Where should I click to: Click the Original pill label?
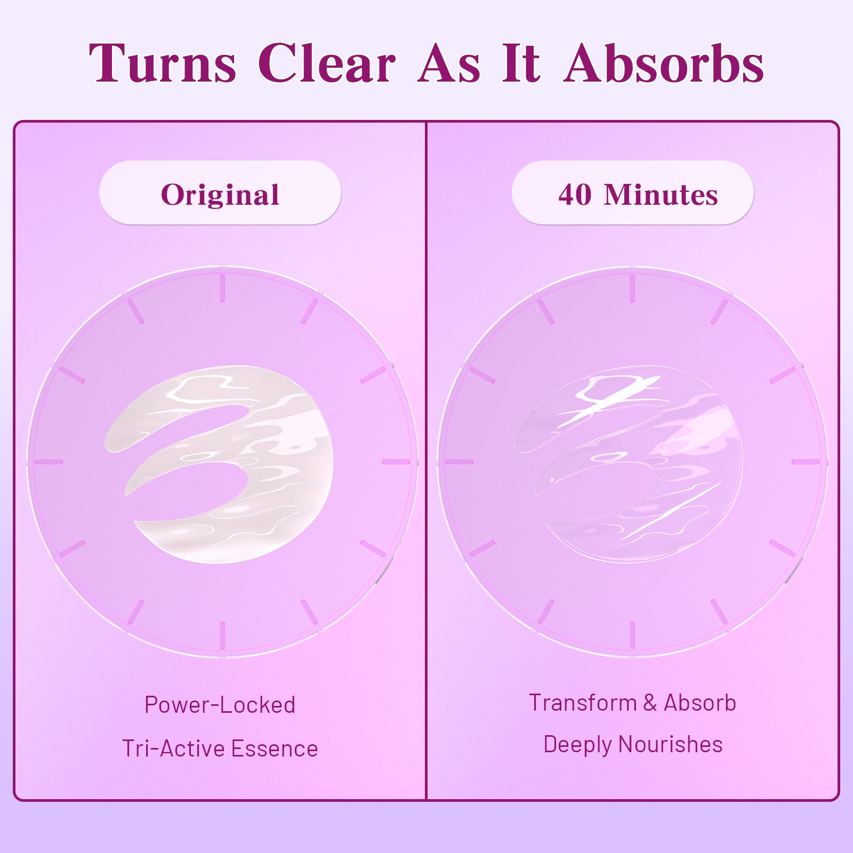pyautogui.click(x=220, y=193)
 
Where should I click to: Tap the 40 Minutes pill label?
pyautogui.click(x=633, y=193)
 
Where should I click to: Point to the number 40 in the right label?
pyautogui.click(x=575, y=195)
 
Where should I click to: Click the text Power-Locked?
pyautogui.click(x=220, y=705)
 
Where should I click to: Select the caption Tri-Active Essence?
pyautogui.click(x=220, y=749)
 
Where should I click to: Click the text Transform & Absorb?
pyautogui.click(x=633, y=703)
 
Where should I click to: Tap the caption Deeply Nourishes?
pyautogui.click(x=633, y=745)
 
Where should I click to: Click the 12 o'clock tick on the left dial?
pyautogui.click(x=222, y=288)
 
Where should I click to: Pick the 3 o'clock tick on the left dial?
pyautogui.click(x=396, y=462)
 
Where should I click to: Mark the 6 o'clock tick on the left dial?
pyautogui.click(x=222, y=635)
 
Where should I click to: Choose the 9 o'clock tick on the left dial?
pyautogui.click(x=49, y=462)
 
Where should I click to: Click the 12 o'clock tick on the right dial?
pyautogui.click(x=632, y=288)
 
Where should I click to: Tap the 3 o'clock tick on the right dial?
pyautogui.click(x=806, y=462)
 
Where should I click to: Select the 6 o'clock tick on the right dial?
pyautogui.click(x=632, y=635)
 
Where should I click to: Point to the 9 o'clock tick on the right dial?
pyautogui.click(x=459, y=462)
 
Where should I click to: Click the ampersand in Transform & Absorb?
pyautogui.click(x=649, y=703)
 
